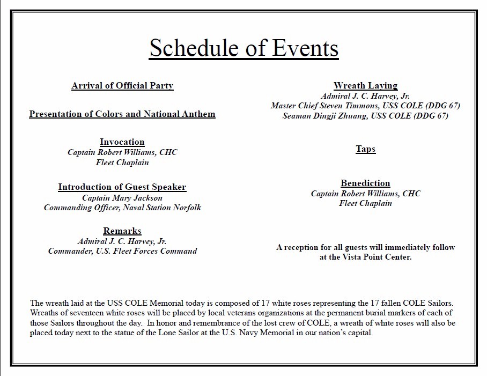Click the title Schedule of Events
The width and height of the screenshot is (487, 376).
[x=243, y=48]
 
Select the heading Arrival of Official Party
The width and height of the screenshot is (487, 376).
[x=122, y=85]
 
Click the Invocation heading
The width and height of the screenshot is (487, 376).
[x=122, y=142]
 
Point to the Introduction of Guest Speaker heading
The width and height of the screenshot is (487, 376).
[x=122, y=187]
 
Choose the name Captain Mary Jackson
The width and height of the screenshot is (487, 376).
[x=122, y=197]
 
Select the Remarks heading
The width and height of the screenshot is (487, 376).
[x=122, y=231]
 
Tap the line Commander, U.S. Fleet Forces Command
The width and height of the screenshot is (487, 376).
[x=122, y=251]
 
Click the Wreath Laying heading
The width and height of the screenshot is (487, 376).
[x=365, y=85]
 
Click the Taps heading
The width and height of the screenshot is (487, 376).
[x=365, y=149]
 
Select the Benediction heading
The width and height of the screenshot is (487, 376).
[x=365, y=183]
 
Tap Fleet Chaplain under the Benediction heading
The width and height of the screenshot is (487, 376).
[x=365, y=203]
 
